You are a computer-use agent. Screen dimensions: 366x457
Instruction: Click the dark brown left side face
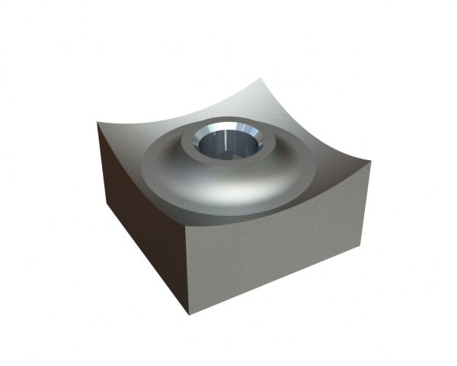tap(141, 221)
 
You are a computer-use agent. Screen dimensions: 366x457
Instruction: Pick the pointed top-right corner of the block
tap(369, 161)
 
